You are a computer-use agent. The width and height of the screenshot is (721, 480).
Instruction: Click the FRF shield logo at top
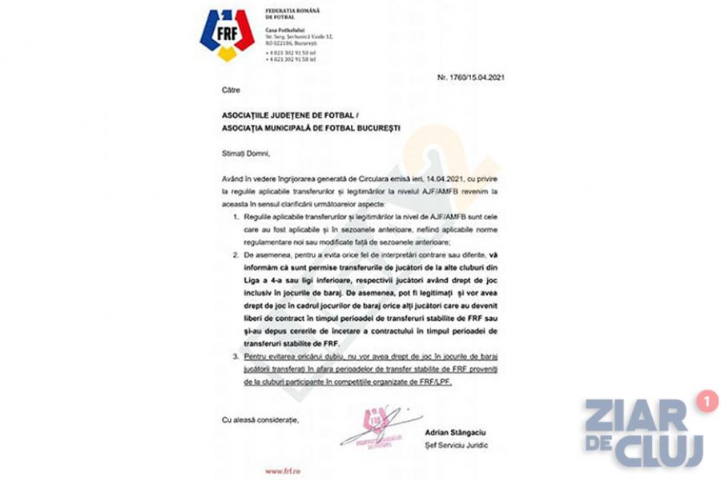point(227,34)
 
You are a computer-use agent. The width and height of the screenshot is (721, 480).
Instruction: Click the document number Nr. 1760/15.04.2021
point(471,78)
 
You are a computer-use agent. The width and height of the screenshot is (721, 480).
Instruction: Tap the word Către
point(231,90)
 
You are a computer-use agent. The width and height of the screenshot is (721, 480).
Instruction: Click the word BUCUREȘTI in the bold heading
point(376,128)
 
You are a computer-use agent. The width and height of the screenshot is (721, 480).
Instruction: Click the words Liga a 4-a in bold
point(258,278)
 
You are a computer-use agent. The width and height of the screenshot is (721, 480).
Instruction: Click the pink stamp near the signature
point(371,426)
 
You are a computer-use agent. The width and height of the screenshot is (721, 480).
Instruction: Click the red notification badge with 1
point(707,401)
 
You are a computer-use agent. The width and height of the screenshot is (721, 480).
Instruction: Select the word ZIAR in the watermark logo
point(636,416)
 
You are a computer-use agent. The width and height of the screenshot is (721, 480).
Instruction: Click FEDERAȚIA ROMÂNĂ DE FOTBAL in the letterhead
point(292,14)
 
